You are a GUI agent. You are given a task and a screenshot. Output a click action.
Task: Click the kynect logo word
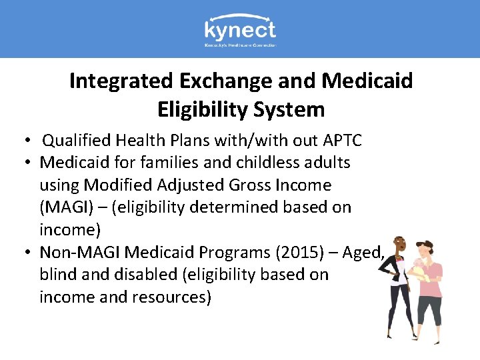coord(239,30)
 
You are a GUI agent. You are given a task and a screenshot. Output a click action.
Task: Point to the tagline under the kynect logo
coord(240,45)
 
